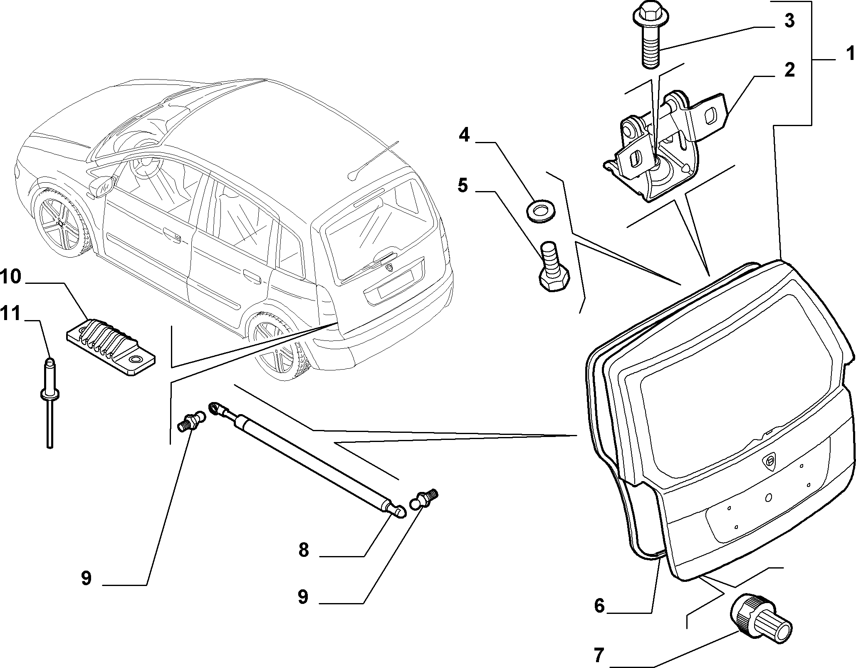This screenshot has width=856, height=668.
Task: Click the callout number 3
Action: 789,20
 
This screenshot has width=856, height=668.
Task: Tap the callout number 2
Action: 789,70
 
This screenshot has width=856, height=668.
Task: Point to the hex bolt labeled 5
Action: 553,266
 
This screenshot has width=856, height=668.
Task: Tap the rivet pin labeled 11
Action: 49,402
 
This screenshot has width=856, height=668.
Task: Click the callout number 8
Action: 304,550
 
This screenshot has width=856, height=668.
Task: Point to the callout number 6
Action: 599,606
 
